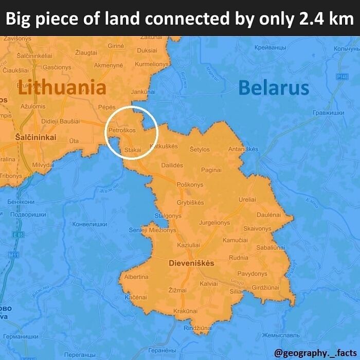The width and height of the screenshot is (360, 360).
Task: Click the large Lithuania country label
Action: click(62, 87)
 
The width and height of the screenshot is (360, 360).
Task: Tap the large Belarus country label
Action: click(274, 88)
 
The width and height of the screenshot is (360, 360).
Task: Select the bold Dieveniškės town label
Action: click(191, 263)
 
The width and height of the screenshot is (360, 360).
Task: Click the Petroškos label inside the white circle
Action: click(122, 130)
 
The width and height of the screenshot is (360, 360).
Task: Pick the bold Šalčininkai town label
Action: click(35, 137)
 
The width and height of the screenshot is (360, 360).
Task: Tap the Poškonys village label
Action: click(190, 185)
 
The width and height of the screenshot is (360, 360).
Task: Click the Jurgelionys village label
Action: click(214, 223)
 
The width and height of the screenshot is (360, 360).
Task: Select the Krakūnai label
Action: click(185, 311)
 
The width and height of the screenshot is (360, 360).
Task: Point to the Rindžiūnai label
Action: click(198, 328)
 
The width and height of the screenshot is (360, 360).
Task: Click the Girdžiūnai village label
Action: click(266, 287)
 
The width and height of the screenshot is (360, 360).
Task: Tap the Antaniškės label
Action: click(243, 150)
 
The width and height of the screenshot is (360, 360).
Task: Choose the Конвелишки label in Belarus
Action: click(89, 224)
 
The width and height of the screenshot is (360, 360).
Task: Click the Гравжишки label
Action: click(328, 113)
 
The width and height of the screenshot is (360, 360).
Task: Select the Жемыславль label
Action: click(281, 335)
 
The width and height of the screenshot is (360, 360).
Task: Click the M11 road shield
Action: click(14, 255)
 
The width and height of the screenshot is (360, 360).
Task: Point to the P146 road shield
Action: click(342, 76)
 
